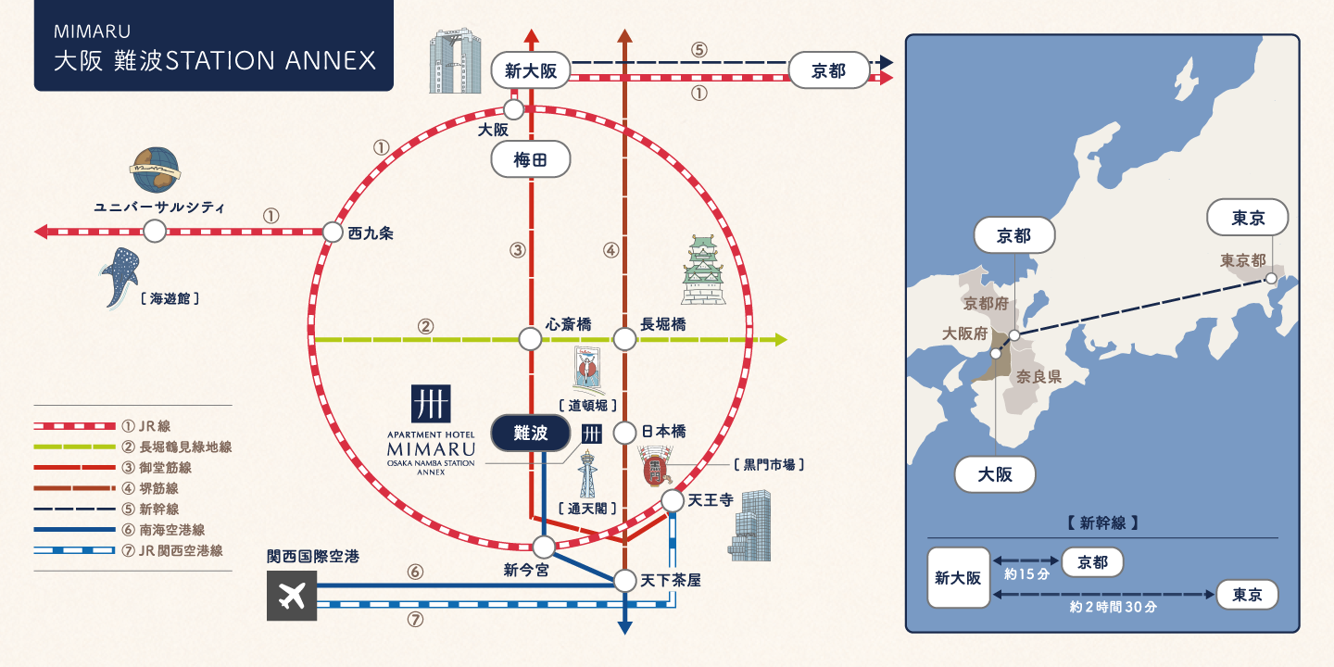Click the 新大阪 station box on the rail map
(531, 70)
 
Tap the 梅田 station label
(531, 160)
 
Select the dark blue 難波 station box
(531, 433)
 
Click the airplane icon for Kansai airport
(292, 595)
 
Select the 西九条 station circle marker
(333, 232)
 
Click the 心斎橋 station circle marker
(530, 339)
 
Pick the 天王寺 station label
(711, 500)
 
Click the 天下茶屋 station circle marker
(625, 581)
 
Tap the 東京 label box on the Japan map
(1248, 219)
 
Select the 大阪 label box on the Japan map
(995, 474)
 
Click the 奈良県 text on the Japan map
(1038, 377)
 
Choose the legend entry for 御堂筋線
(167, 468)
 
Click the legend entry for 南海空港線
(171, 530)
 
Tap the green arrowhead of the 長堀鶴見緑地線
(780, 340)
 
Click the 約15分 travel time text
(1026, 574)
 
